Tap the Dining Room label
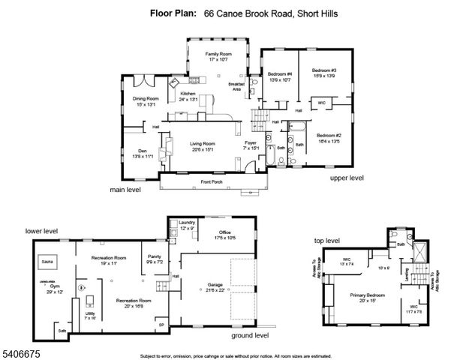pos(146,99)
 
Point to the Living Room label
pos(202,143)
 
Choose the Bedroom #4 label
pos(280,73)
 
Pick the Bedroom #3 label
pos(323,72)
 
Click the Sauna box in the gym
pos(47,262)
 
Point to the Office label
pos(224,232)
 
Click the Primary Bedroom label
pos(367,295)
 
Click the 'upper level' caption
pos(347,178)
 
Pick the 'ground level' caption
pos(249,335)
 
